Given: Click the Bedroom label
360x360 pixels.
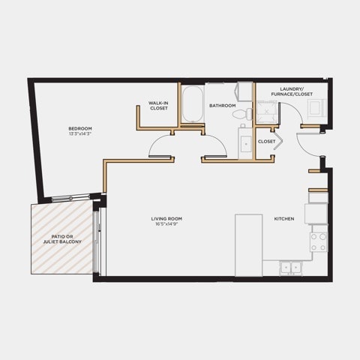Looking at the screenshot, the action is tap(80, 128).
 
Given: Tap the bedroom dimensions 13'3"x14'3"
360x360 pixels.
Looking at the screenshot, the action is tap(80, 133).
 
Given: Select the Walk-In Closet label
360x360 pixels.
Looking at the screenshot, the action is tap(158, 106).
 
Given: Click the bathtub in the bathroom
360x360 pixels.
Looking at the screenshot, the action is tap(192, 104).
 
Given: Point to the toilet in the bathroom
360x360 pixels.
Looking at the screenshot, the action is tap(242, 114).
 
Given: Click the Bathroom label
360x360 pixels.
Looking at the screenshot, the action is tap(223, 106).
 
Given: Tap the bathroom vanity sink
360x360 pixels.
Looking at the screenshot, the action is tap(246, 144).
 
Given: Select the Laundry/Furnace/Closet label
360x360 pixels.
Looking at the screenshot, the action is tap(292, 91).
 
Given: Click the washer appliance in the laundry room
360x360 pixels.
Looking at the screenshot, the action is tap(316, 108).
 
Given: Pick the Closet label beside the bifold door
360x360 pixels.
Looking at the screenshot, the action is tap(266, 142).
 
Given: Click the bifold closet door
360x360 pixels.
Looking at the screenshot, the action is tap(278, 141).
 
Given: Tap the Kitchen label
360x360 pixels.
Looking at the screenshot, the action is tap(284, 219).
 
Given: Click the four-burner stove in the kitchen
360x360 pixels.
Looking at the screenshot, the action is tap(319, 241).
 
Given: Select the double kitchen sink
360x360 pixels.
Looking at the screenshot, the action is tap(291, 268).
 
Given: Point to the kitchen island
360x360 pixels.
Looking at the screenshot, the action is tap(248, 245).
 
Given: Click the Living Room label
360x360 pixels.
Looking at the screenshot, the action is tap(166, 219).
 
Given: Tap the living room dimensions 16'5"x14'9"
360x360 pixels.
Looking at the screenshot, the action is tap(166, 224).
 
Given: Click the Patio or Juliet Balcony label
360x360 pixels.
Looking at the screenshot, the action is tap(62, 239).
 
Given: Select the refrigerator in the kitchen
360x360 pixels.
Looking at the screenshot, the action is tap(316, 214).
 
